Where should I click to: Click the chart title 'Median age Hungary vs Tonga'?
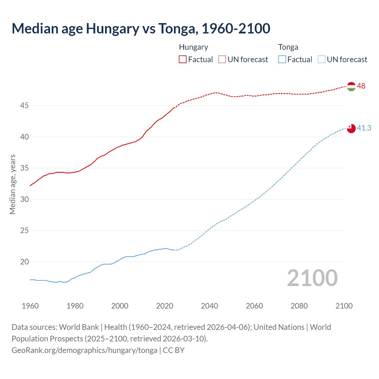tap(141, 28)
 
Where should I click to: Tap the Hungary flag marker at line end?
tap(351, 86)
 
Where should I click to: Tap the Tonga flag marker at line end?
tap(351, 129)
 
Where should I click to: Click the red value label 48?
tap(361, 86)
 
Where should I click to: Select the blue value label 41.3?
tap(364, 128)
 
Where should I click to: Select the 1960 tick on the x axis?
tap(30, 306)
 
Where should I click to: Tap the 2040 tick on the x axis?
tap(209, 306)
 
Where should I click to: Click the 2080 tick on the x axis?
tap(299, 306)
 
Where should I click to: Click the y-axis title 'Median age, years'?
tap(12, 184)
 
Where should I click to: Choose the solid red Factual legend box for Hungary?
tap(183, 60)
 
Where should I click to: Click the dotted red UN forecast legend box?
tap(222, 60)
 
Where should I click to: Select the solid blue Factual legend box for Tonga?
tap(282, 60)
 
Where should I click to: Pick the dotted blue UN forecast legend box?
tap(321, 60)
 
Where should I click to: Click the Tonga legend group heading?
tap(288, 47)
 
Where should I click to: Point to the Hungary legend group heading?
tap(193, 47)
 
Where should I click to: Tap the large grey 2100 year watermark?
tap(312, 278)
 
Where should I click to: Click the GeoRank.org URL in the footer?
tap(84, 350)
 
